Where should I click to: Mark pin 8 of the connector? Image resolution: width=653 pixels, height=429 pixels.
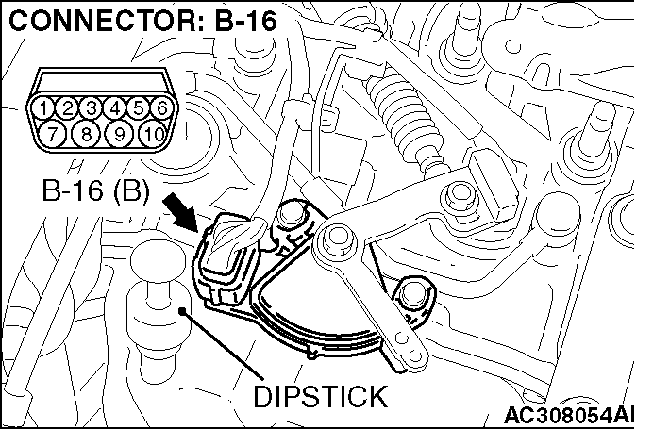point(86,132)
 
